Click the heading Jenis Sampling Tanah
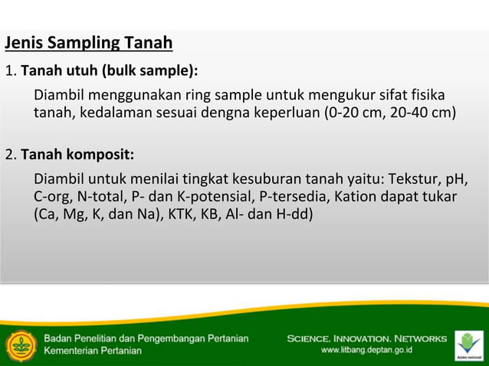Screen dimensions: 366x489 coord(88,42)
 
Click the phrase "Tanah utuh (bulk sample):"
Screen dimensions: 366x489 coord(109,72)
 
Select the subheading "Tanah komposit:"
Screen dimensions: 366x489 coord(77,155)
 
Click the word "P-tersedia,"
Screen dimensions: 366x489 coord(294,197)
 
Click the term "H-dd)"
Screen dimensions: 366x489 coord(294,214)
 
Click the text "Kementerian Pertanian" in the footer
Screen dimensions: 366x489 coord(93,351)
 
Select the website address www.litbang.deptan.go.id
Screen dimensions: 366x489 coord(367,350)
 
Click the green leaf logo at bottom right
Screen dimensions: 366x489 coord(468,343)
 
